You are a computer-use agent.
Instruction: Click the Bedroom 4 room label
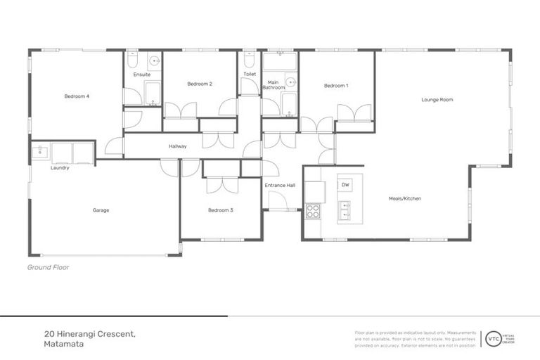[x=77, y=96]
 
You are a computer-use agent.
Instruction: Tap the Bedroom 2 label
[x=200, y=84]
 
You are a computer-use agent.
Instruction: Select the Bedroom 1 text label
[x=336, y=86]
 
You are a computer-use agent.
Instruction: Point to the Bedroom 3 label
[x=220, y=210]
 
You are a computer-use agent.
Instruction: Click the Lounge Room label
[x=437, y=100]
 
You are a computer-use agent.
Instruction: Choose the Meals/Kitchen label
[x=405, y=198]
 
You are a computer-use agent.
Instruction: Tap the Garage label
[x=101, y=210]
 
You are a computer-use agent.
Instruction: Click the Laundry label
[x=60, y=168]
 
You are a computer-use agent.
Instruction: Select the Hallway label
[x=177, y=146]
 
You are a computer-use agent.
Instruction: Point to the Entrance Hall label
[x=280, y=186]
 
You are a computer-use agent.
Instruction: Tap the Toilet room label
[x=250, y=74]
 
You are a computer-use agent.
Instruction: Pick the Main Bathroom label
[x=274, y=84]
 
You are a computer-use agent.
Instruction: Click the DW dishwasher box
[x=345, y=185]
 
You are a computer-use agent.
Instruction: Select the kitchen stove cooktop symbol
[x=313, y=210]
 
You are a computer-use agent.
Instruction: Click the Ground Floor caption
[x=48, y=267]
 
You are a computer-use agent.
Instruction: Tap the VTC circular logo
[x=494, y=338]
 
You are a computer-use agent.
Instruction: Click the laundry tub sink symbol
[x=39, y=151]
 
